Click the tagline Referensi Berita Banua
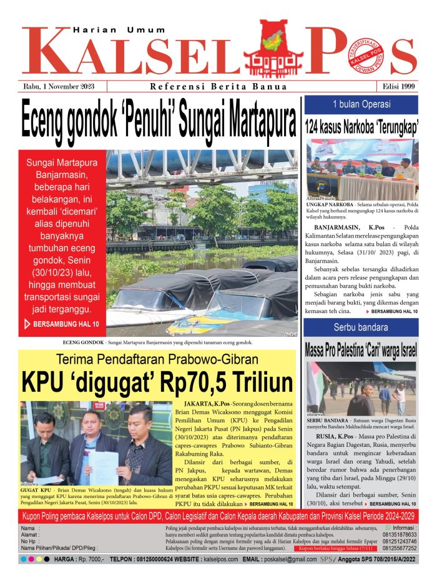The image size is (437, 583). click(x=219, y=87)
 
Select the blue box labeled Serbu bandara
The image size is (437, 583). click(x=361, y=327)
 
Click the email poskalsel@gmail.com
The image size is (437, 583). click(x=288, y=559)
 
